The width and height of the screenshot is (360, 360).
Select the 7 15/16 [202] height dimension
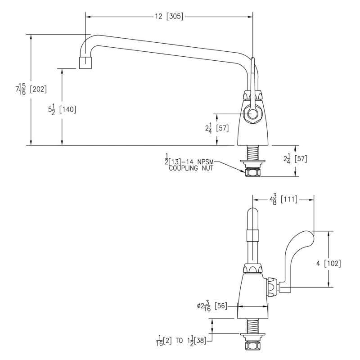point(31,89)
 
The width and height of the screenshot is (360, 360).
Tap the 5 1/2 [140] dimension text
point(62,110)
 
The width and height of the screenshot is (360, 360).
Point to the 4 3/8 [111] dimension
point(283,199)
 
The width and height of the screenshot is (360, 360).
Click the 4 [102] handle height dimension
point(328,263)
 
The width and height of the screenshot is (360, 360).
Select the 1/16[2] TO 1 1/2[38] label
point(181,341)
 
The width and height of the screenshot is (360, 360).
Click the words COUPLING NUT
point(191,168)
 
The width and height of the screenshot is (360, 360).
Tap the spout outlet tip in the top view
point(85,63)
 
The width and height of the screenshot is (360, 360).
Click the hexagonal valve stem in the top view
point(252,113)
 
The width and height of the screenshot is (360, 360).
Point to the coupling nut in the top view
point(252,172)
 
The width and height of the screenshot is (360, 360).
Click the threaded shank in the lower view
point(252,325)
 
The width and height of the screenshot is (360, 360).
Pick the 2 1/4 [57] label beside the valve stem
point(217,129)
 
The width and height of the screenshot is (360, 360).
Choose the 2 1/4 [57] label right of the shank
point(295,159)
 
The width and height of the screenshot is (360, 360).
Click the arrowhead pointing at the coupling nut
point(244,171)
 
